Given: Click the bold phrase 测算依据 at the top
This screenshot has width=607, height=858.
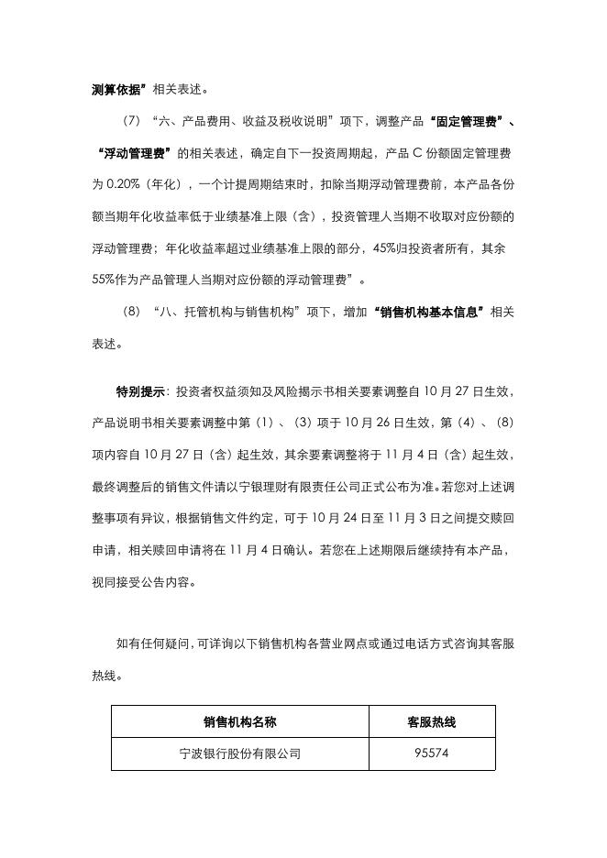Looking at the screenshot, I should coord(117,89).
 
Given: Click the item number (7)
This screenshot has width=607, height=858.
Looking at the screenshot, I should coord(131,121).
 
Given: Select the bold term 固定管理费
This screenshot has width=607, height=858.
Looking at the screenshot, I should coord(455,121).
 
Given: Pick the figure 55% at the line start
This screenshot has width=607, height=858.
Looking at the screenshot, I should coord(105,279).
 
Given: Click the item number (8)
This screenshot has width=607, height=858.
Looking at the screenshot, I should coord(131,312).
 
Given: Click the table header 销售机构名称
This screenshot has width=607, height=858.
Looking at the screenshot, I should coord(239,721).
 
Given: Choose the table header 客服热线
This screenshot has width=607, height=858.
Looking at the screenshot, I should coord(431,721).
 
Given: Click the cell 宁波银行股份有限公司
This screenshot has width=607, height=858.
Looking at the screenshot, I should coord(239,754).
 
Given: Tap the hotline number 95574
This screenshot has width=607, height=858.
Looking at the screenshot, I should coord(431,754).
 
